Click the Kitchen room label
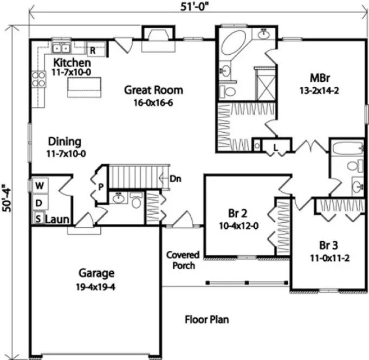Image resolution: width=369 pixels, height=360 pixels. click(68, 62)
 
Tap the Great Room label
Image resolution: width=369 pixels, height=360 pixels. click(153, 90)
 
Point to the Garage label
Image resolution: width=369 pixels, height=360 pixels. click(96, 273)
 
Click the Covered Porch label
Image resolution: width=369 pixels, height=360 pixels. click(183, 260)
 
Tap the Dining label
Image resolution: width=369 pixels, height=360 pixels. click(64, 142)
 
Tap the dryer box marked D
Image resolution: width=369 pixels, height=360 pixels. click(39, 202)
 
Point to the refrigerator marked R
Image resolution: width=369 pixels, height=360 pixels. click(93, 51)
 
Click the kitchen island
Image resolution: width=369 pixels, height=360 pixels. click(86, 86)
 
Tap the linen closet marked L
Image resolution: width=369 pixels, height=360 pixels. click(275, 146)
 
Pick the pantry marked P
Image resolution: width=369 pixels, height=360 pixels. click(101, 186)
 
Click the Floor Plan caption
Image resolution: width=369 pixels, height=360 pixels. click(206, 319)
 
